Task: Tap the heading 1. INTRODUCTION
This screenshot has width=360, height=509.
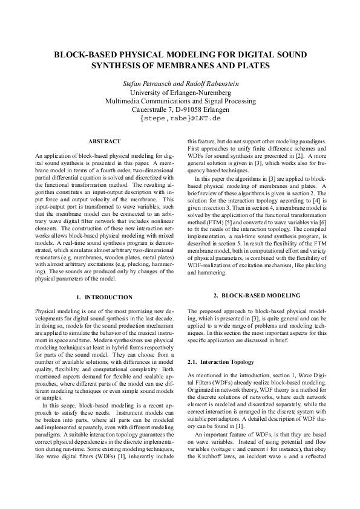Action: tap(104, 297)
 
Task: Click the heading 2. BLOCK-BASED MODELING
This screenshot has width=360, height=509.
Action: tap(257, 295)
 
